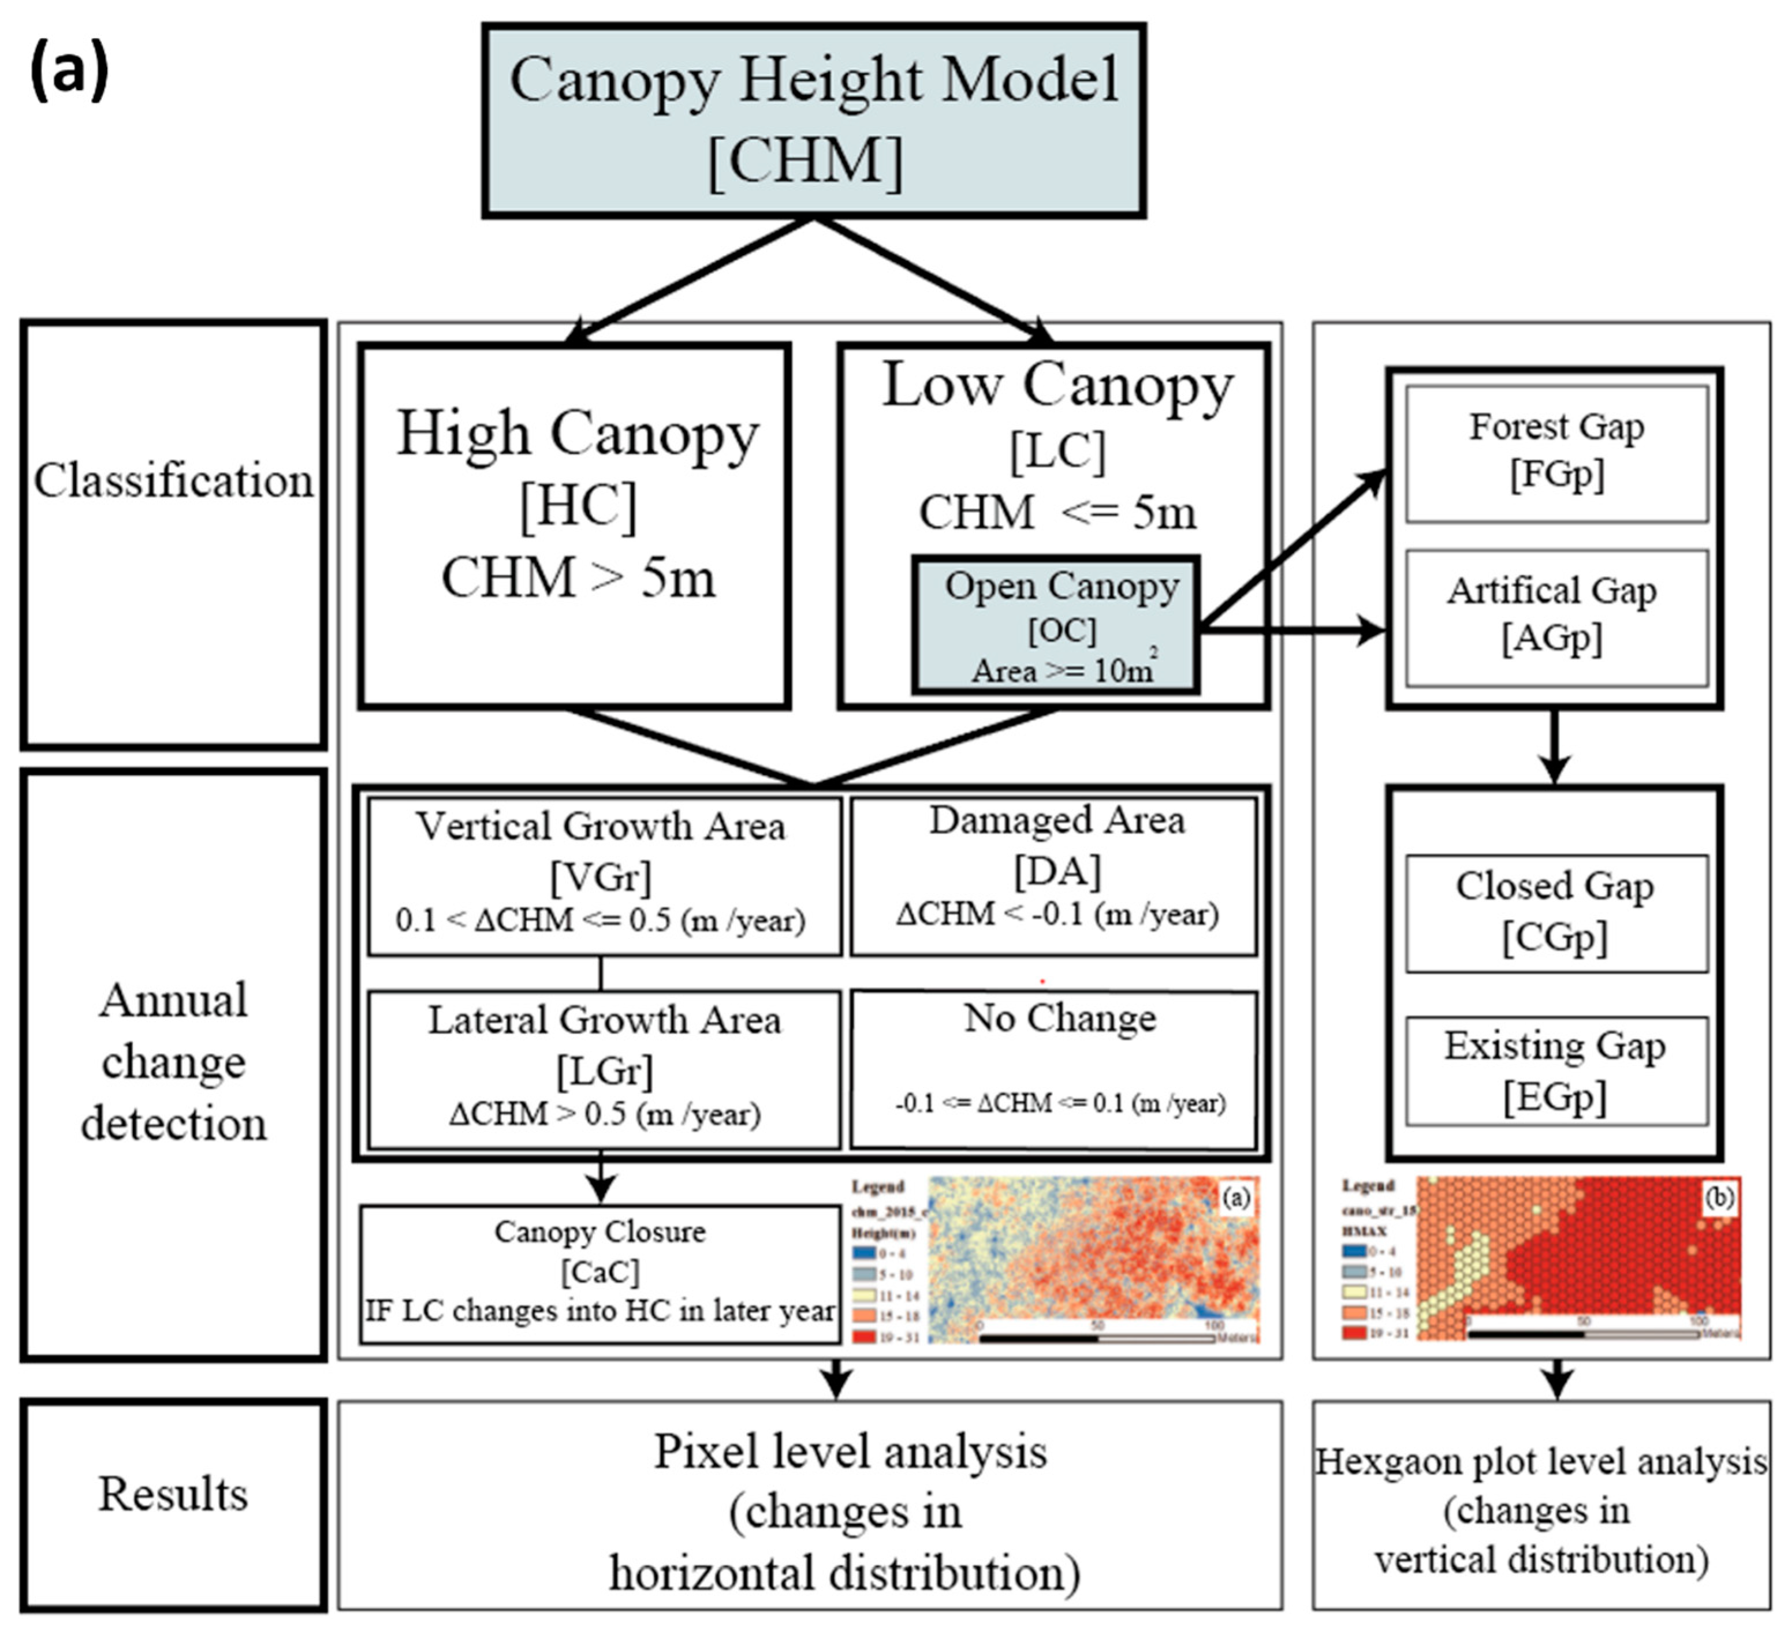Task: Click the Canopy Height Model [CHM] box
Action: [x=813, y=120]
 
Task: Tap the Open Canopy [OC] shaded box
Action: [x=1056, y=625]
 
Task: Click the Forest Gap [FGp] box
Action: [x=1556, y=453]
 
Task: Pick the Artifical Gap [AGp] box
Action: [x=1556, y=617]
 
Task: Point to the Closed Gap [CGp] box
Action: [x=1556, y=912]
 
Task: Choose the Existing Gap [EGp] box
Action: [x=1556, y=1070]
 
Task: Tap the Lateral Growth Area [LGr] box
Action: [x=604, y=1069]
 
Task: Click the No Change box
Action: [x=1053, y=1069]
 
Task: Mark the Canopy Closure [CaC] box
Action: [x=600, y=1272]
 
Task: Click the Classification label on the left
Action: [x=173, y=482]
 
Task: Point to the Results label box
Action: [x=173, y=1495]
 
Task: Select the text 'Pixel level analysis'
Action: [x=850, y=1453]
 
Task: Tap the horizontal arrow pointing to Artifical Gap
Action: [x=1292, y=631]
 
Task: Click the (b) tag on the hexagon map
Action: [x=1719, y=1198]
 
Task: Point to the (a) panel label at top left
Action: [x=69, y=71]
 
